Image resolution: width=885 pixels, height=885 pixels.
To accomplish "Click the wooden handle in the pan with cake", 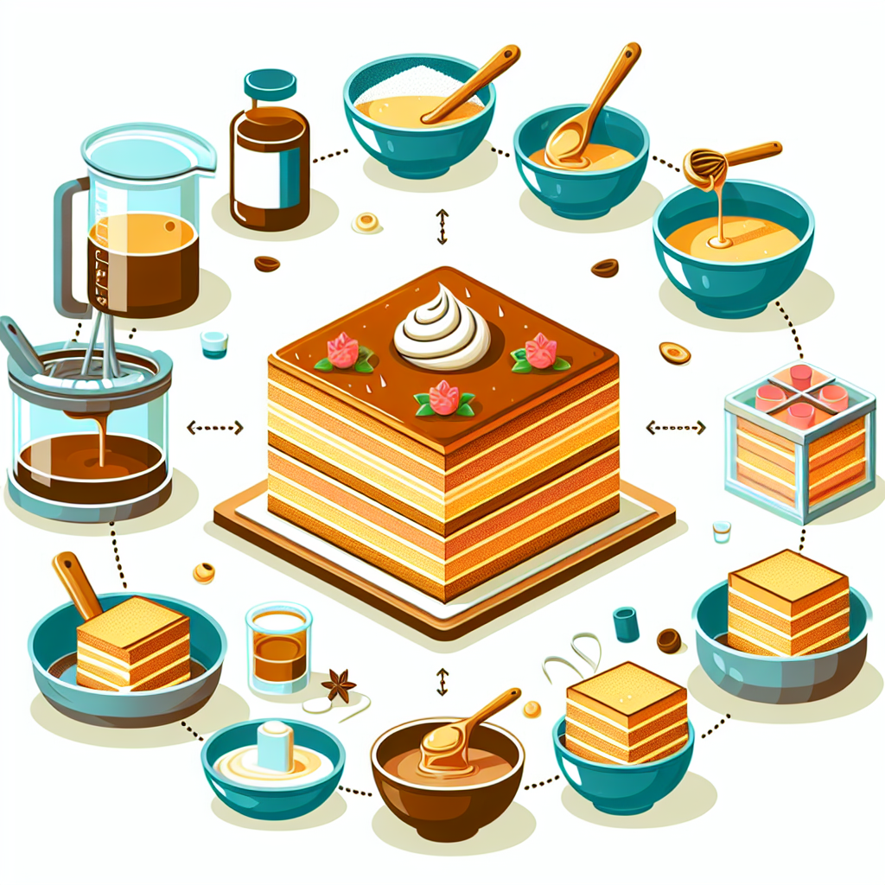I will point(73,584).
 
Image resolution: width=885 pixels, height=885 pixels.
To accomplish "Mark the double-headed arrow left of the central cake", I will point(215,427).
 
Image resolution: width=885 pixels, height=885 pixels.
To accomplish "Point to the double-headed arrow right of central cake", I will point(676,427).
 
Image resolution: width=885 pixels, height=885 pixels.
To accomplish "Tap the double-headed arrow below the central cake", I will point(442,681).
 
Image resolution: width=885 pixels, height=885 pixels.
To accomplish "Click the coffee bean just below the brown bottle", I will point(266,264).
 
